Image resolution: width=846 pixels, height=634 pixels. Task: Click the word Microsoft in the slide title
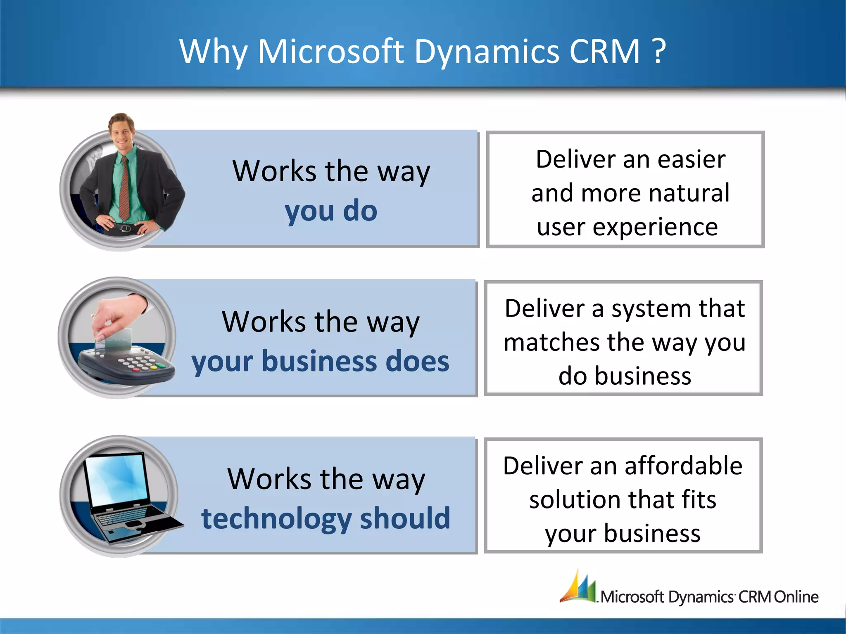(x=330, y=52)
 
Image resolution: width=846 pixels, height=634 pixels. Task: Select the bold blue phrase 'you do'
(x=331, y=211)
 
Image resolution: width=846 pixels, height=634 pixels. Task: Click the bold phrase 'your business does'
(x=320, y=361)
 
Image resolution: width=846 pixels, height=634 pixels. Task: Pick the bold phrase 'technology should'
(x=326, y=518)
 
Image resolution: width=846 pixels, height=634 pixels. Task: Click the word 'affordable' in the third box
(x=683, y=466)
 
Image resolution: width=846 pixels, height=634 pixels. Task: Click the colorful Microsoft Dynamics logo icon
(x=578, y=587)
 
